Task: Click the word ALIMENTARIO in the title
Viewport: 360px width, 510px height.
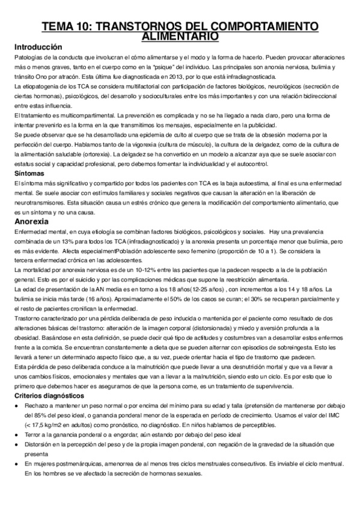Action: (x=180, y=37)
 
